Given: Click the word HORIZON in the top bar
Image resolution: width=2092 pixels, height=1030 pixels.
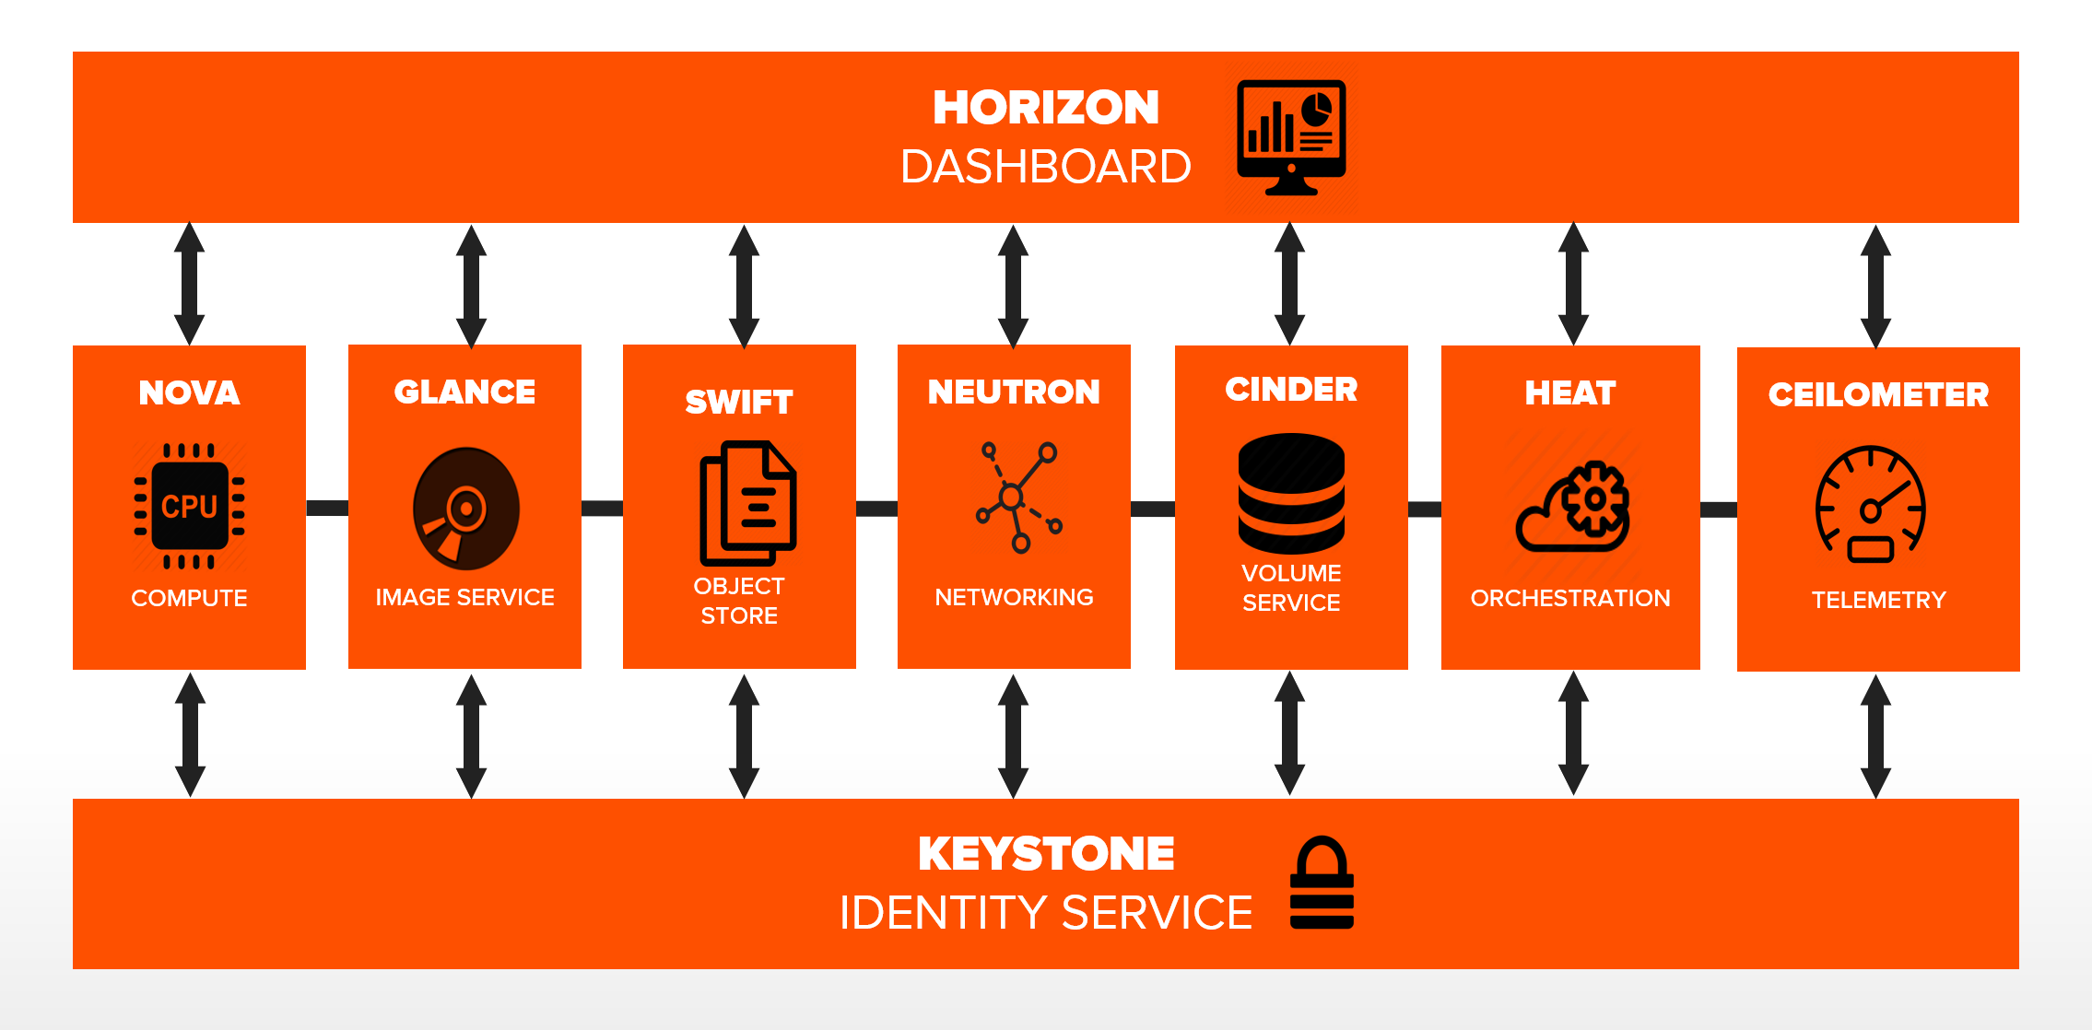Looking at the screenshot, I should [x=1045, y=108].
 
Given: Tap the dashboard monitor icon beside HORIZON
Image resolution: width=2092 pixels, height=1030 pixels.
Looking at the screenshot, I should [x=1291, y=137].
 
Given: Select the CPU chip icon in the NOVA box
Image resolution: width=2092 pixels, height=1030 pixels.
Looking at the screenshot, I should [x=189, y=506].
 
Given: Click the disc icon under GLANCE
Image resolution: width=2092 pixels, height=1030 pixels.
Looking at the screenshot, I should [x=465, y=508].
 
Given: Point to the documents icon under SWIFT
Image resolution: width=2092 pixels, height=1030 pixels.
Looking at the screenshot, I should [x=747, y=503].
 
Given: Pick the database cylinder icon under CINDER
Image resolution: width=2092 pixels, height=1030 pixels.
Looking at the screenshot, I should [x=1291, y=494].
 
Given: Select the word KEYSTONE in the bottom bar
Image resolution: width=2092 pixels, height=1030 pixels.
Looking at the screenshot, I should [x=1046, y=854].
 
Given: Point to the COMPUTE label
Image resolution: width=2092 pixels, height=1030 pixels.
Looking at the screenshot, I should [x=189, y=598].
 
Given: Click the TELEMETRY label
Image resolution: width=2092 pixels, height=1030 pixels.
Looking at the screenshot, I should [x=1878, y=600].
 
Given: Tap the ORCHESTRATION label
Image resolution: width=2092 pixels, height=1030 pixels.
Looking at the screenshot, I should [x=1569, y=598].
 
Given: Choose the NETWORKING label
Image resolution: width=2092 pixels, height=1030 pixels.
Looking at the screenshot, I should [x=1014, y=597].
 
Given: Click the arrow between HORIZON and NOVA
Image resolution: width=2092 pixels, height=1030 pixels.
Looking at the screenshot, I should [x=190, y=284].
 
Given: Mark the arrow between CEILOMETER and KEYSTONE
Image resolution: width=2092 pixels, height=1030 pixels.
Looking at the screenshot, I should [x=1875, y=736].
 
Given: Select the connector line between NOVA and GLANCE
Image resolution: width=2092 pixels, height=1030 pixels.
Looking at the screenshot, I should [x=327, y=508].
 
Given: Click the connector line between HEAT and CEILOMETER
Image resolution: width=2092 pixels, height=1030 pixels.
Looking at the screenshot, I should [x=1718, y=509].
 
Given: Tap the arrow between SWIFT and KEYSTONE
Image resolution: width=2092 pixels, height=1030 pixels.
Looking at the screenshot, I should [x=744, y=736].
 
